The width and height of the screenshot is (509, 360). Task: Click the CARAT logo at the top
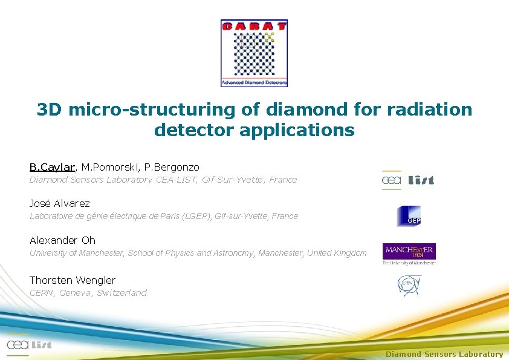pyautogui.click(x=254, y=53)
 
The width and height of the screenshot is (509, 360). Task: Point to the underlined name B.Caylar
pyautogui.click(x=52, y=166)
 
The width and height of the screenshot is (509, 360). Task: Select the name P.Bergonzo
pyautogui.click(x=172, y=166)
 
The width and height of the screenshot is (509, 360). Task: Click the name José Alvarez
pyautogui.click(x=59, y=203)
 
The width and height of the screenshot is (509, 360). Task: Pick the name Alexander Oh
pyautogui.click(x=62, y=240)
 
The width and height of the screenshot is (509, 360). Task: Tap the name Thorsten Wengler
pyautogui.click(x=73, y=280)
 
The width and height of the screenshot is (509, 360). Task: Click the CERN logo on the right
pyautogui.click(x=409, y=286)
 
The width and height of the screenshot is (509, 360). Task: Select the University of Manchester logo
pyautogui.click(x=409, y=254)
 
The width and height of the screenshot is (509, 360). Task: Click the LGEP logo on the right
pyautogui.click(x=409, y=216)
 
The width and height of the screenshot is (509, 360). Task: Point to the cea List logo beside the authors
pyautogui.click(x=408, y=180)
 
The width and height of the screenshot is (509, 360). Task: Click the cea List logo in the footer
pyautogui.click(x=29, y=344)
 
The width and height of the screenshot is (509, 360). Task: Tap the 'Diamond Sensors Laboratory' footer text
pyautogui.click(x=444, y=355)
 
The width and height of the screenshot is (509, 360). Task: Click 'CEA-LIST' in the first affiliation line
pyautogui.click(x=177, y=180)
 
